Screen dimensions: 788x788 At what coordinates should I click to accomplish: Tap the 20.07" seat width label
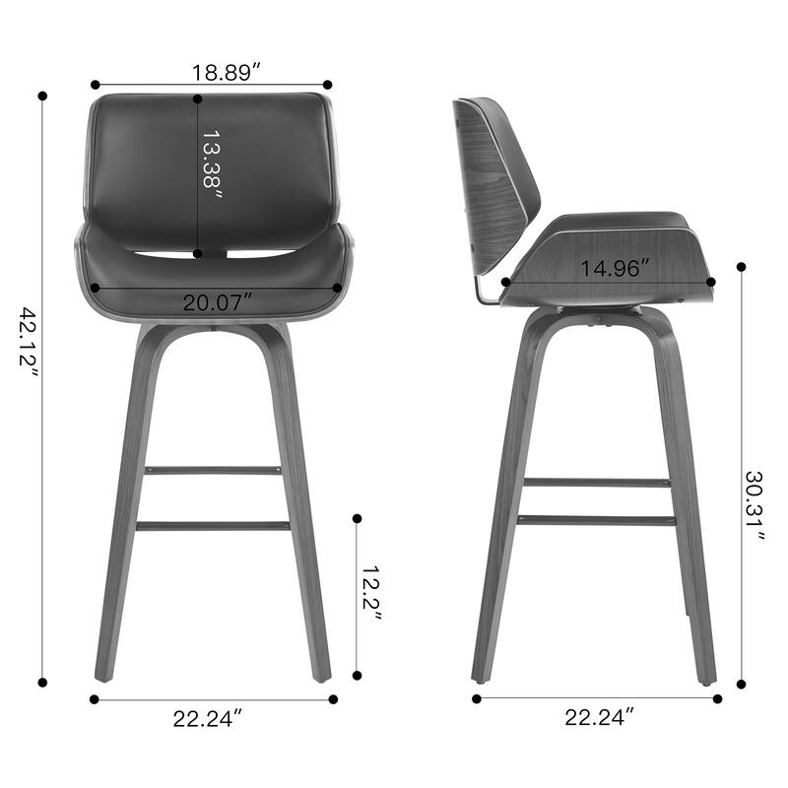pos(217,303)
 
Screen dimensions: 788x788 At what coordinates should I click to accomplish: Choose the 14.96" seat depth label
pos(613,268)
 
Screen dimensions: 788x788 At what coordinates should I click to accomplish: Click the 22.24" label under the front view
pos(208,719)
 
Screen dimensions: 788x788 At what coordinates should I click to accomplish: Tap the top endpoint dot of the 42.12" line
pos(42,97)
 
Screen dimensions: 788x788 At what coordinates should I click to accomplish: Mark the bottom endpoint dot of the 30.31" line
pos(742,682)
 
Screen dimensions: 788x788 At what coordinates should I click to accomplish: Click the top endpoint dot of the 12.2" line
pos(357,518)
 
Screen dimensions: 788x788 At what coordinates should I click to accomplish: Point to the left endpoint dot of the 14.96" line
pos(506,282)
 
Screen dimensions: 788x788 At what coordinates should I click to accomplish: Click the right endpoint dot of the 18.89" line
pos(327,86)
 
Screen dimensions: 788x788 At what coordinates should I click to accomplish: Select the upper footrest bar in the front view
pos(214,471)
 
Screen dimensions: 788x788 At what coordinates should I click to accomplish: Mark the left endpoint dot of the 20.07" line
pos(96,288)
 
